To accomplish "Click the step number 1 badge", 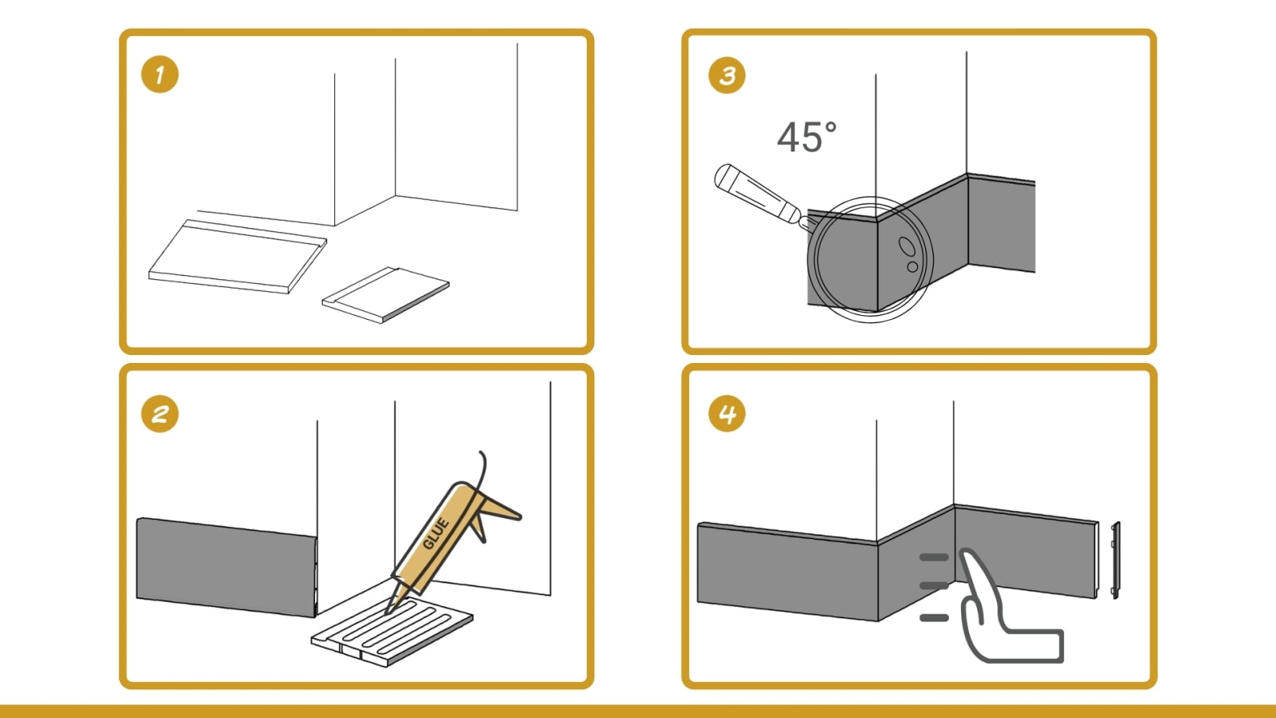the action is [x=159, y=74].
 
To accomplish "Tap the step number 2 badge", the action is [x=159, y=414].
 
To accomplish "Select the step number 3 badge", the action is [x=727, y=75].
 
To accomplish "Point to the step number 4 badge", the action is [x=727, y=414].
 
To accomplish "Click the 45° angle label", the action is [x=806, y=137].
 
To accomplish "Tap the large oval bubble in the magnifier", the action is [x=907, y=247].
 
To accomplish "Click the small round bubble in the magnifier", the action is [x=912, y=266].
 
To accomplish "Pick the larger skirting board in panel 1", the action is [x=238, y=257].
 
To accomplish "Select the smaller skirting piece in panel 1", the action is [x=386, y=294].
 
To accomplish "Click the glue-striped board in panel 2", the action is [x=392, y=631].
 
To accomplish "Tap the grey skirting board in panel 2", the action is [x=226, y=567].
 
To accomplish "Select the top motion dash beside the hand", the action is [x=934, y=558].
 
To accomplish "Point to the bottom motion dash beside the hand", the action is [x=934, y=617].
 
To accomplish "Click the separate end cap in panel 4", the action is [x=1116, y=560].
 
